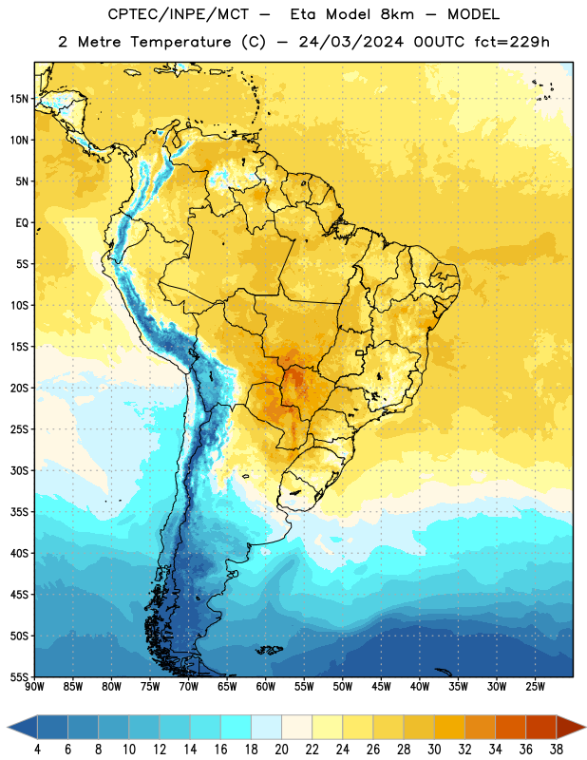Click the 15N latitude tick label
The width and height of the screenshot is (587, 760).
tap(19, 99)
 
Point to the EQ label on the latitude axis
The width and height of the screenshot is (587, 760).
tap(22, 223)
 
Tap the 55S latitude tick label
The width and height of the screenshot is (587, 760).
tap(19, 676)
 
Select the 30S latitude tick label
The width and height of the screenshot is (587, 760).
tap(19, 470)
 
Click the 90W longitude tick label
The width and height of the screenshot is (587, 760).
tap(34, 687)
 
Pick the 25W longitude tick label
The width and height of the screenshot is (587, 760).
tap(535, 687)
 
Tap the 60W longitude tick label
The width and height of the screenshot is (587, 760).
tap(266, 687)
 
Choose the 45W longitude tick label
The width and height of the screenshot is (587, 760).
tap(381, 687)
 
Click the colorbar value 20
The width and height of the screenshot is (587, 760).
tap(281, 750)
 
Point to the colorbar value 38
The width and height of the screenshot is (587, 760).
tap(557, 750)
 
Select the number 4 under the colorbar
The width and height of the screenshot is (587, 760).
tap(37, 750)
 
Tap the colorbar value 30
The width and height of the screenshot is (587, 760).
tap(434, 750)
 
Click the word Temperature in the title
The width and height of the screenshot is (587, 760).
tap(180, 42)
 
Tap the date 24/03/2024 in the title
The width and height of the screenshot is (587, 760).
tap(350, 42)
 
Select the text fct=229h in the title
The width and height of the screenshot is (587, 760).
tap(512, 42)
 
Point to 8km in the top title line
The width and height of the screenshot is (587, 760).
tap(397, 14)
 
